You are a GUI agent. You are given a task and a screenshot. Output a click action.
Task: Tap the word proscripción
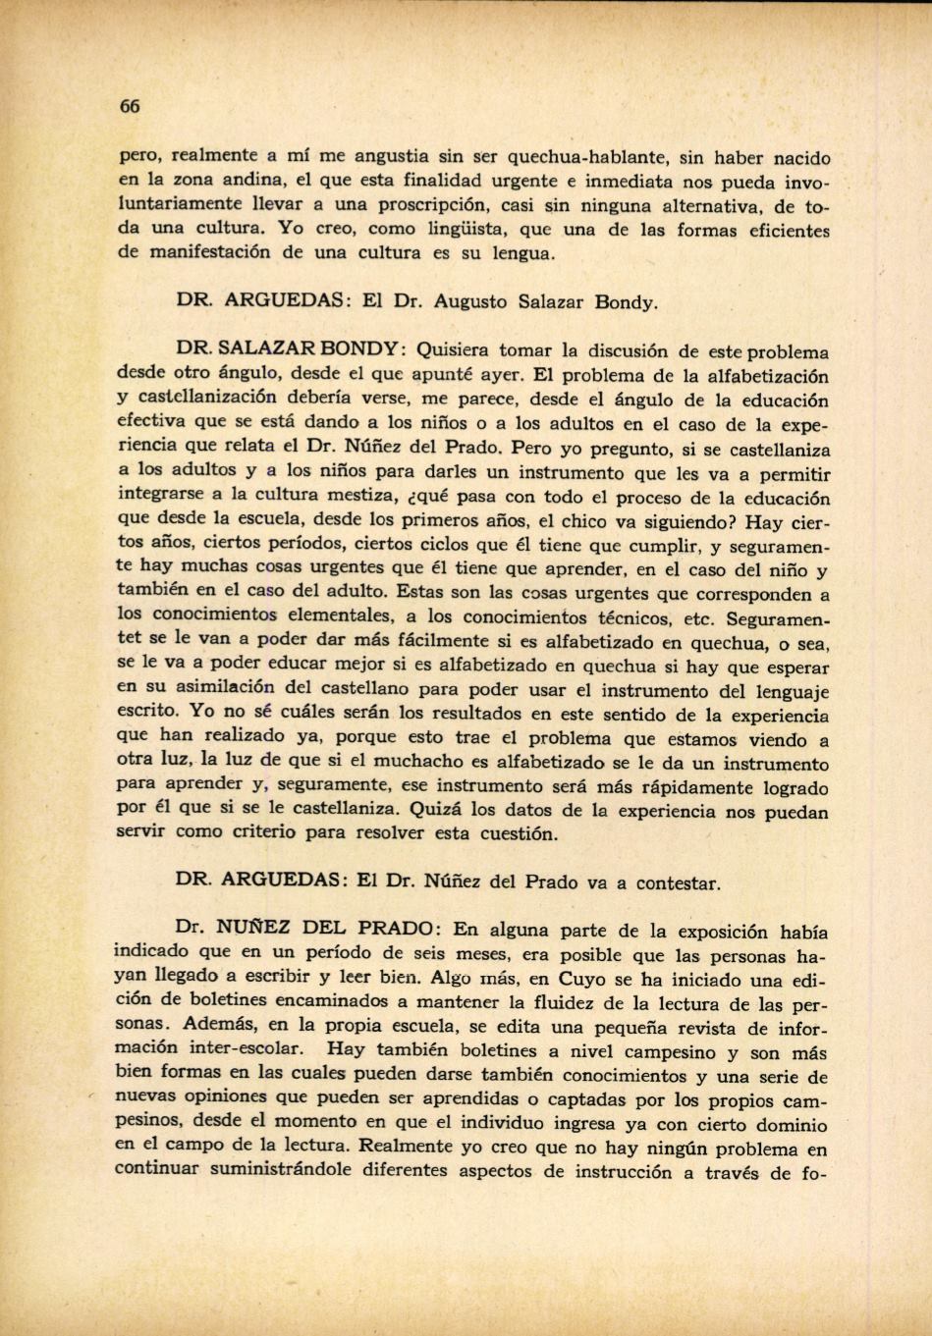point(429,206)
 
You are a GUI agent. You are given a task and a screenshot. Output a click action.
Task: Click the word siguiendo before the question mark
point(692,521)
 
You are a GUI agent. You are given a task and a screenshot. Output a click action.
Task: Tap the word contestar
point(677,882)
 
